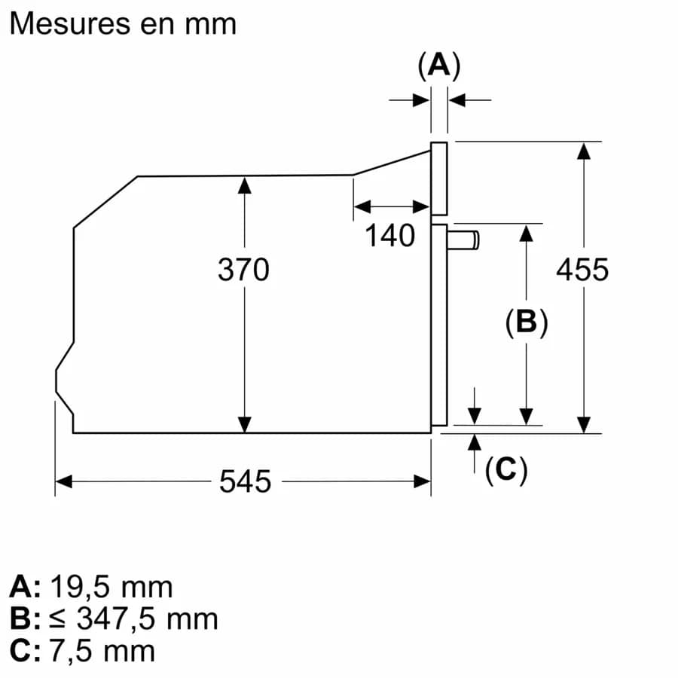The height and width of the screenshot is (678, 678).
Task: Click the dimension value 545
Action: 245,481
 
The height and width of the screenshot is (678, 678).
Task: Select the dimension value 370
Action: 243,270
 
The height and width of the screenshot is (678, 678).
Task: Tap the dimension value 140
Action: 390,236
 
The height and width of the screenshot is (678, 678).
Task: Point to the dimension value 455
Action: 582,270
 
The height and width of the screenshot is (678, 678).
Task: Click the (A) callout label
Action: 439,66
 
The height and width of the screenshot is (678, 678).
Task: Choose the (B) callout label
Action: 527,322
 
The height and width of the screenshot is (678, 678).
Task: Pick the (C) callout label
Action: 506,469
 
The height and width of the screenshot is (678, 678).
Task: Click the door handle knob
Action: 463,240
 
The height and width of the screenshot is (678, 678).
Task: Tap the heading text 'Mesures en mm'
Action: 123,23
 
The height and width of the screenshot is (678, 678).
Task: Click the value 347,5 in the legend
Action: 116,619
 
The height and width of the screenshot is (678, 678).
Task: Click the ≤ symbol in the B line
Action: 56,619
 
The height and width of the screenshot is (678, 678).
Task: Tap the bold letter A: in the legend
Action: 25,587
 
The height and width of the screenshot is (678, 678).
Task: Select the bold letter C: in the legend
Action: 25,651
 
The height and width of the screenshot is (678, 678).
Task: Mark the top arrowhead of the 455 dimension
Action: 584,151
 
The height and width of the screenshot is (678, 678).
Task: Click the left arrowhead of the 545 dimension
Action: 63,481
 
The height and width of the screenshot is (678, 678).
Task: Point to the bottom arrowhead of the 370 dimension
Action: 245,424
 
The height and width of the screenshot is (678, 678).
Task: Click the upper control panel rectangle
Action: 439,179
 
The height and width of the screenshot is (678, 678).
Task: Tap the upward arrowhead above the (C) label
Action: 475,442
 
